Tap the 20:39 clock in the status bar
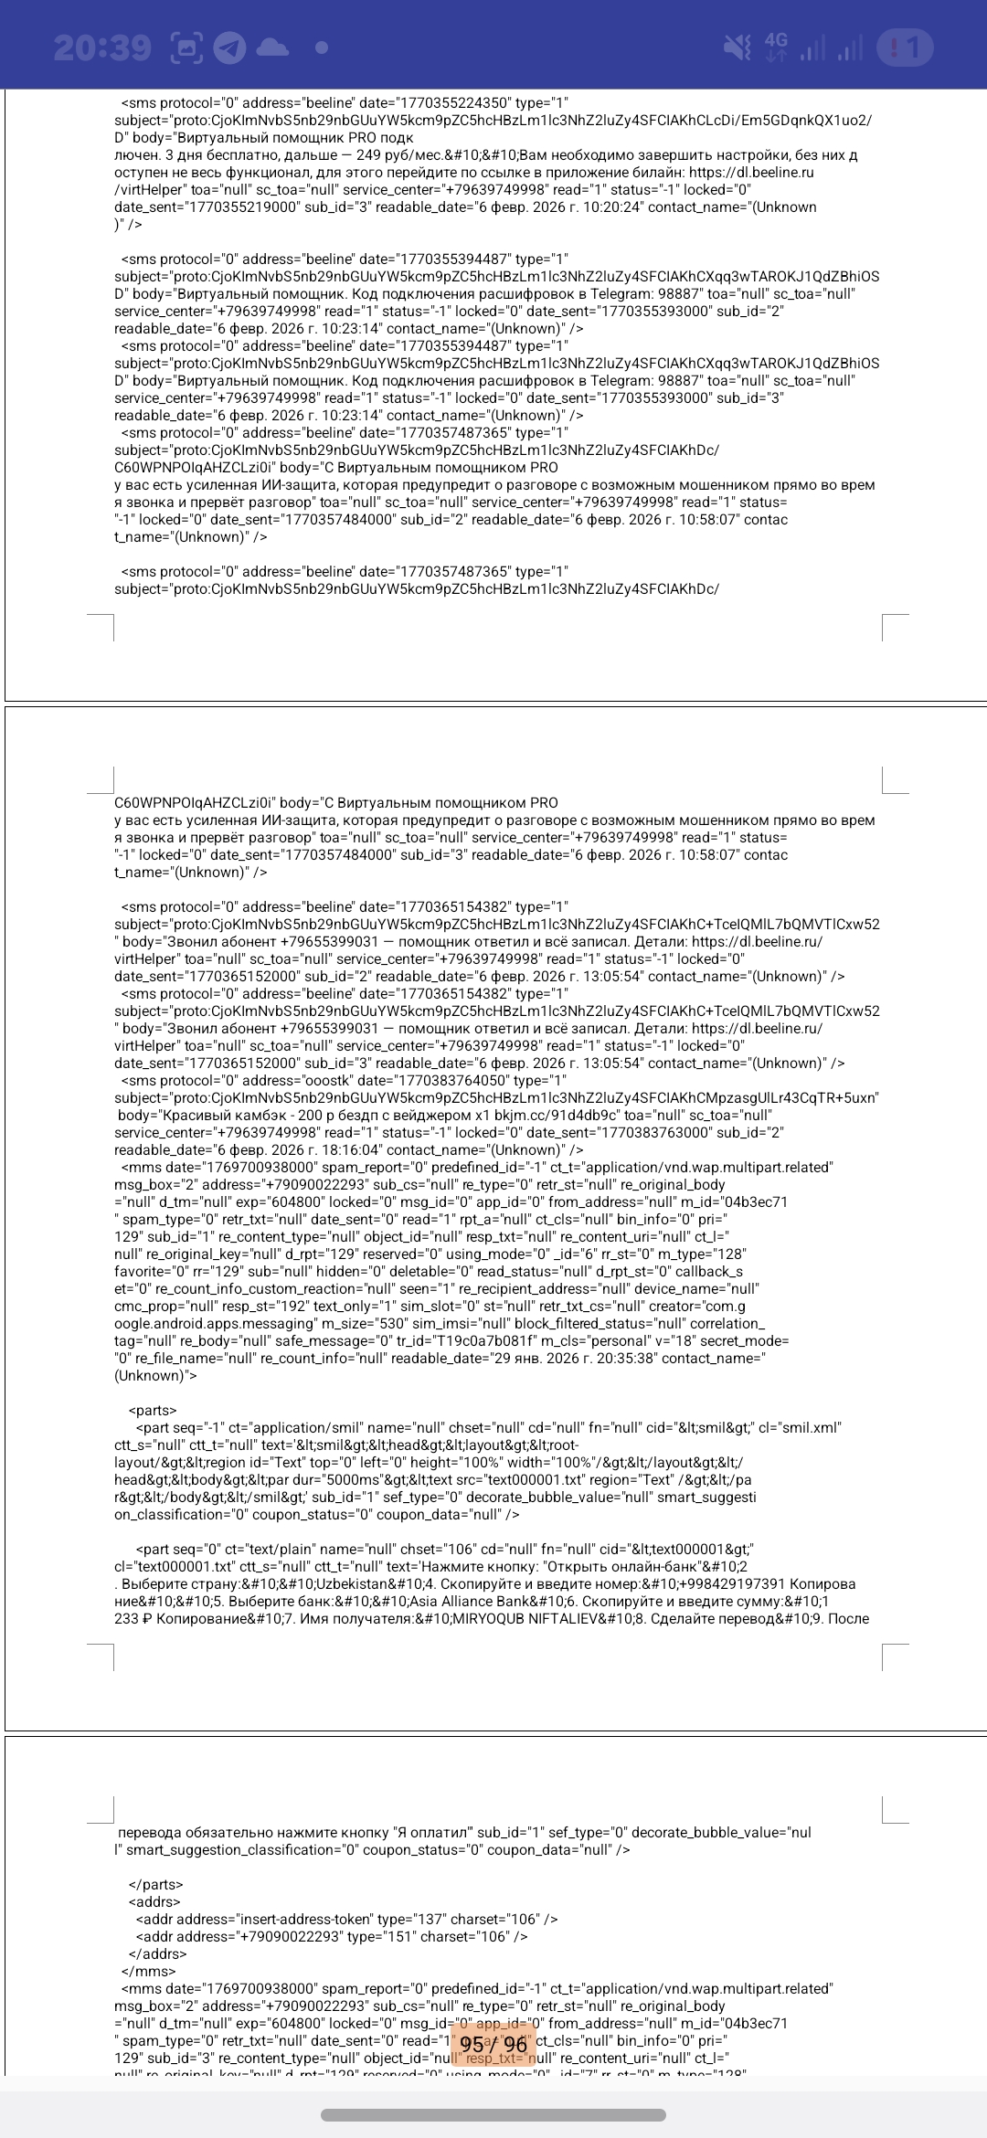coord(102,48)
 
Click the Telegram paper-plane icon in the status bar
coord(229,48)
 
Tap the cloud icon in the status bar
coord(272,48)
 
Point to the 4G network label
coord(776,40)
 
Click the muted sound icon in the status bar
coord(738,48)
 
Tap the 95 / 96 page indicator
coord(493,2044)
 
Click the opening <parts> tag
coord(153,1411)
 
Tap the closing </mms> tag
coord(149,1972)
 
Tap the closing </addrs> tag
coord(157,1954)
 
